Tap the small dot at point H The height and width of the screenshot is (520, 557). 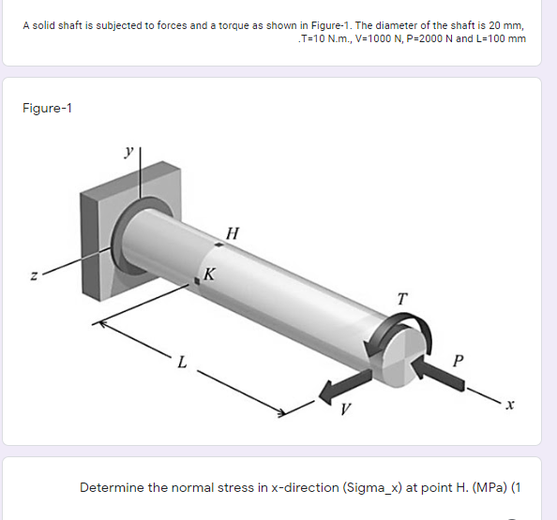(x=218, y=245)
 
